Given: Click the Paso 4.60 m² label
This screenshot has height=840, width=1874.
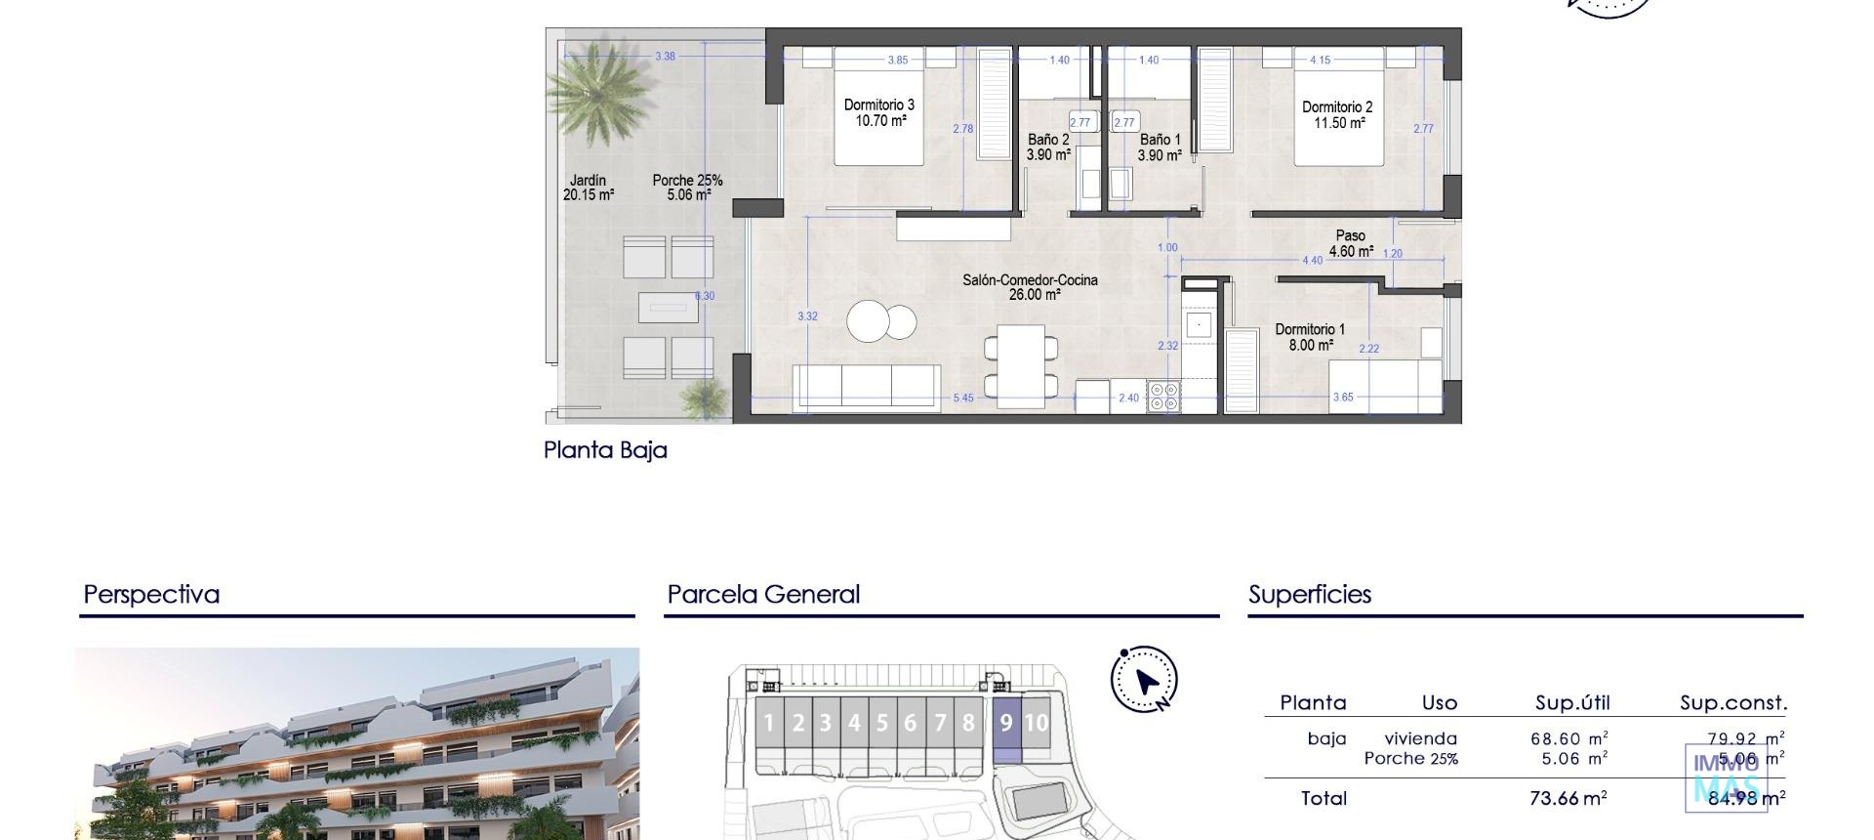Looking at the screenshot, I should pos(1351,243).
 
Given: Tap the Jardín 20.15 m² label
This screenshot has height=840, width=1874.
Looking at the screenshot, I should pos(588,188).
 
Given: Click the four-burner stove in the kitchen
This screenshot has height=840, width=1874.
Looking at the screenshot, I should pos(1163,396).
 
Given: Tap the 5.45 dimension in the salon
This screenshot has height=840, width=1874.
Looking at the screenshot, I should pos(963,398).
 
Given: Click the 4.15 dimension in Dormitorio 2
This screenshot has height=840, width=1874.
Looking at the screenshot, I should pos(1320,60).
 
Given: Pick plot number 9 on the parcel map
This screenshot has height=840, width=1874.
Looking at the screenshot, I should pos(1006,724).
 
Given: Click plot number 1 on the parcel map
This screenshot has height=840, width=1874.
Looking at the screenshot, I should pos(769,724).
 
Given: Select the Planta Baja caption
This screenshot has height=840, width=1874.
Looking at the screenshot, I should pos(605,450).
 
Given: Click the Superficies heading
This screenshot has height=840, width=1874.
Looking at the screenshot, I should pos(1310,594).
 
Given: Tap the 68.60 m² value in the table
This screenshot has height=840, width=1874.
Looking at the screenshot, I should pos(1568,739).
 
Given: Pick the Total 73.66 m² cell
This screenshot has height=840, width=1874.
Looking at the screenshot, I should pos(1568,798).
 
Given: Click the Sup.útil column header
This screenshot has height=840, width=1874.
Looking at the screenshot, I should pos(1572,703).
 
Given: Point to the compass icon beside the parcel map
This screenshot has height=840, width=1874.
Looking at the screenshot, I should pos(1144,679).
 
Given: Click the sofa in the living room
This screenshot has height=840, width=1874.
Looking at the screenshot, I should pos(866,386).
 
